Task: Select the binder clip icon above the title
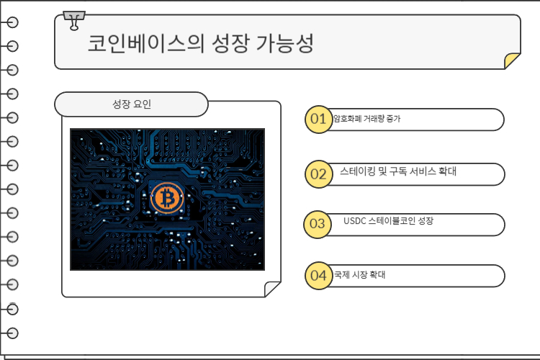coord(73,20)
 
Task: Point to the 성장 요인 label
coord(132,105)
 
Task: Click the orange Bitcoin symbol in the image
coord(167,199)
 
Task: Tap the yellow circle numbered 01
coord(317,119)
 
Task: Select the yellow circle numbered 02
coord(317,174)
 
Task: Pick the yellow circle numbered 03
coord(317,223)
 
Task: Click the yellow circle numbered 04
coord(317,275)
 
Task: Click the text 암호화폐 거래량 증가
coord(366,119)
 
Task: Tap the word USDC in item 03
coord(355,221)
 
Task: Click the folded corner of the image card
coord(272,289)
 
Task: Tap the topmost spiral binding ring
coord(12,22)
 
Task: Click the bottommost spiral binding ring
coord(12,333)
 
